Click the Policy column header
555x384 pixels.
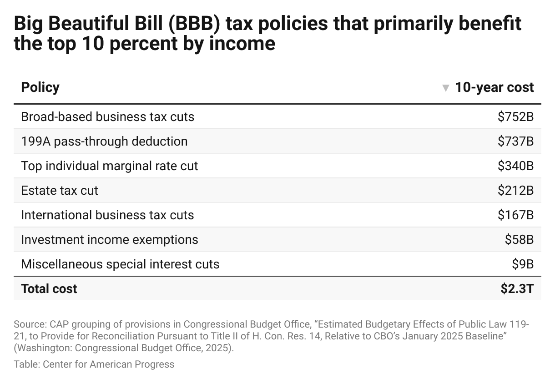[x=40, y=87]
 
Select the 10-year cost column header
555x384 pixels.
[x=494, y=87]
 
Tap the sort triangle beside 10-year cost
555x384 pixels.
[x=446, y=88]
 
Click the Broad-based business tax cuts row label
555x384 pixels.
[x=107, y=117]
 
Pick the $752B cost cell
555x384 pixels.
[x=515, y=117]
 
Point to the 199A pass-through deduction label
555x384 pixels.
[x=104, y=141]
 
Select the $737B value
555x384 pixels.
[x=515, y=141]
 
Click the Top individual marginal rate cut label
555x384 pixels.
[x=110, y=166]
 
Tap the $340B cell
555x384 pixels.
[x=515, y=166]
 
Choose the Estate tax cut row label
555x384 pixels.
[x=60, y=191]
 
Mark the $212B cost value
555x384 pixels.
[x=515, y=191]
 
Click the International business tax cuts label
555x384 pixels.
[x=107, y=215]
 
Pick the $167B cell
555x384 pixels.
[x=515, y=215]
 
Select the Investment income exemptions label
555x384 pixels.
[x=110, y=240]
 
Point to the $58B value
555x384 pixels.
[x=519, y=240]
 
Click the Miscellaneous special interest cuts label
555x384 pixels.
[x=120, y=264]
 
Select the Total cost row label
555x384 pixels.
[x=49, y=289]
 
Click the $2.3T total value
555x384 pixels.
[x=517, y=289]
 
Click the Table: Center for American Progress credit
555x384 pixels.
[x=94, y=364]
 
